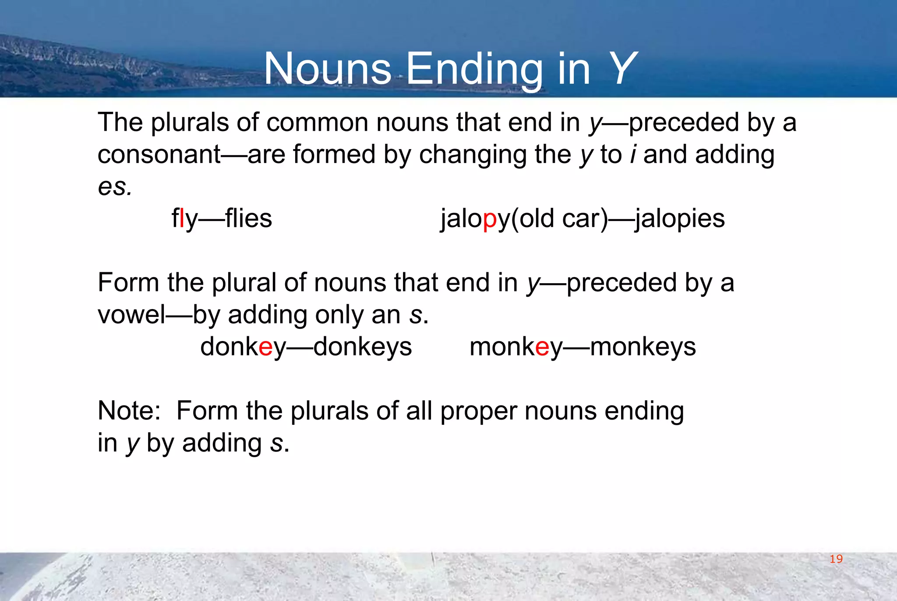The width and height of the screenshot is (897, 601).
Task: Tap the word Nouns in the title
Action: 328,69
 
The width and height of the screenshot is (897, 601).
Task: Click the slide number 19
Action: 836,559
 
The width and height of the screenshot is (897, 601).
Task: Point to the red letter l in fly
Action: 182,218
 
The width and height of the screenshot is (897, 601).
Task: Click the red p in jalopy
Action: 490,219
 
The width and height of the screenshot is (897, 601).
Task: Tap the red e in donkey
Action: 266,347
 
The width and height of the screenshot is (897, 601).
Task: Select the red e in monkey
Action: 542,347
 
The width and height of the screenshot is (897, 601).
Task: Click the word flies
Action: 248,218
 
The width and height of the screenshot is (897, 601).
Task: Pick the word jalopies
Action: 680,219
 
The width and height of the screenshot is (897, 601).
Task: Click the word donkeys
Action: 363,347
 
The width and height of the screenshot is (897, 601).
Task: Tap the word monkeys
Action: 643,347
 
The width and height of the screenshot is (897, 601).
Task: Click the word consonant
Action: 159,155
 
